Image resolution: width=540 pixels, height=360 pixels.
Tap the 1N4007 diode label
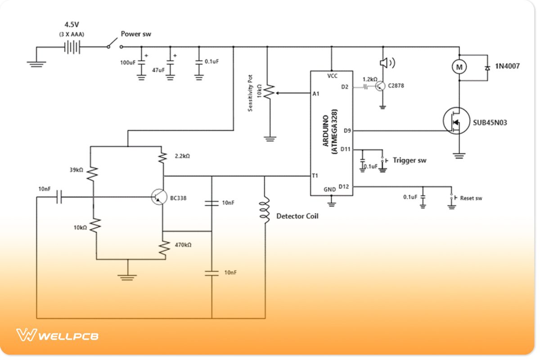click(x=508, y=66)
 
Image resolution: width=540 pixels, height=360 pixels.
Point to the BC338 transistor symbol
click(x=158, y=197)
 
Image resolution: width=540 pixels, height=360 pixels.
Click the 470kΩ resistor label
click(x=183, y=245)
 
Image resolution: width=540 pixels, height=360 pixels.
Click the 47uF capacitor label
click(x=158, y=70)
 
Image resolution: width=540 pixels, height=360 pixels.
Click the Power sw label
click(x=136, y=34)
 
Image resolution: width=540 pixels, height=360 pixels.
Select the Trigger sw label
click(x=409, y=160)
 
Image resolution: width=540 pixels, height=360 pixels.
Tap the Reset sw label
click(x=471, y=198)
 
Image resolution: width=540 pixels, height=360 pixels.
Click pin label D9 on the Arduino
click(x=346, y=131)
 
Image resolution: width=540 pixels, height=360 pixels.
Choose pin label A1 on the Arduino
click(x=315, y=94)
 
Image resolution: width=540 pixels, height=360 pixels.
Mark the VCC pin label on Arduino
click(x=332, y=76)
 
